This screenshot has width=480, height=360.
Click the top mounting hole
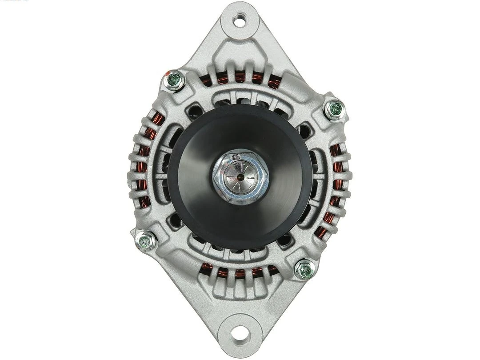[240, 20]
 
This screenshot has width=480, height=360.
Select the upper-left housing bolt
[173, 80]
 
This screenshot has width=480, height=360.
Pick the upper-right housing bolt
[334, 109]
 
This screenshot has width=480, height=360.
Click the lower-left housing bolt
[145, 241]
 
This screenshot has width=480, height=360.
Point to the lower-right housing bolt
[305, 269]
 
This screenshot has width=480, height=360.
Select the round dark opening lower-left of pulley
[175, 220]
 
